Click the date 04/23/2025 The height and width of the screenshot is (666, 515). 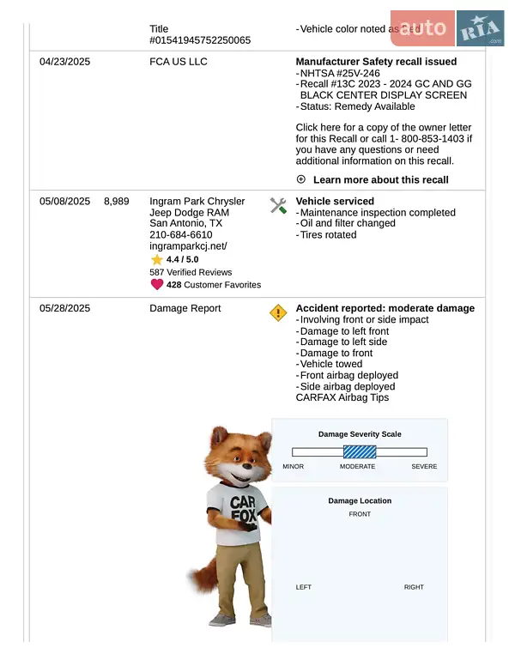pos(64,62)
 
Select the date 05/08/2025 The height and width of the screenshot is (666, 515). pos(64,202)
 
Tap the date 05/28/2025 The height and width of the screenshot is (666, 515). pos(64,309)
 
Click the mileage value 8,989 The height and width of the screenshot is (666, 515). pos(116,202)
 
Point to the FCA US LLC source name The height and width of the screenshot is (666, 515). pos(178,62)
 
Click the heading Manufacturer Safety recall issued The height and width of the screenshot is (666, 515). pos(376,62)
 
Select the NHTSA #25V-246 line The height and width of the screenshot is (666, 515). pos(340,73)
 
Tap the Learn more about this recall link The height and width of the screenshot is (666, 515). pos(380,180)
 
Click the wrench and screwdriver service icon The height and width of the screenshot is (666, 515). pos(278,205)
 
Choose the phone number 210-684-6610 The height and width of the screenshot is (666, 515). pos(180,234)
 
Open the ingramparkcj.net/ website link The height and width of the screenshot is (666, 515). pos(188,245)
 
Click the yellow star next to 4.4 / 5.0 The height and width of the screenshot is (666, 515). pos(157,259)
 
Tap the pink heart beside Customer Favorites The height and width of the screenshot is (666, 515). pos(157,285)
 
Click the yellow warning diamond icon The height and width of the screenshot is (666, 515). pos(278,312)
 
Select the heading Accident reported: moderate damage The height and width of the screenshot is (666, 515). pos(385,309)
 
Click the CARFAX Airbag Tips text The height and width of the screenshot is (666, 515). pos(342,397)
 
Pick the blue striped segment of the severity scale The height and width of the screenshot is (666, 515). pos(360,452)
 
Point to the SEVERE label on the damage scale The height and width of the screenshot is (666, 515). pos(424,467)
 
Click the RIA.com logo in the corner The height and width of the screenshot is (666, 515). pos(480,29)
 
